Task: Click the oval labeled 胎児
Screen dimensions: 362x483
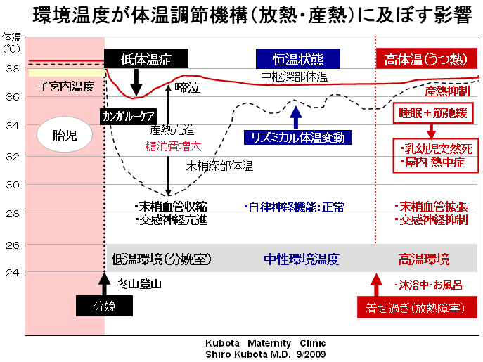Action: pyautogui.click(x=64, y=135)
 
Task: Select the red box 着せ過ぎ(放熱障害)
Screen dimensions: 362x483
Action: pyautogui.click(x=416, y=308)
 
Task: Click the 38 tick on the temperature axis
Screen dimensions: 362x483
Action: pyautogui.click(x=12, y=69)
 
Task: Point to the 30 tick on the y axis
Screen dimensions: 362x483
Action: pyautogui.click(x=12, y=186)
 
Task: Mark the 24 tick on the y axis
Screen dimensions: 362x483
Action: pyautogui.click(x=12, y=271)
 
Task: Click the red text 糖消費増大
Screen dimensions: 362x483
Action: pyautogui.click(x=169, y=146)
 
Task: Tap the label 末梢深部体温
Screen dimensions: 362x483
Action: pyautogui.click(x=219, y=166)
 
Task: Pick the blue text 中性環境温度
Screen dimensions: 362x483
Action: pyautogui.click(x=303, y=259)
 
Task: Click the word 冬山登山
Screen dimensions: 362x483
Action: pyautogui.click(x=140, y=285)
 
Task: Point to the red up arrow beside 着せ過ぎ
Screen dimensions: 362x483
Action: pyautogui.click(x=375, y=285)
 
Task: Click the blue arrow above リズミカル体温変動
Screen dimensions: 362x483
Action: pyautogui.click(x=296, y=116)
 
